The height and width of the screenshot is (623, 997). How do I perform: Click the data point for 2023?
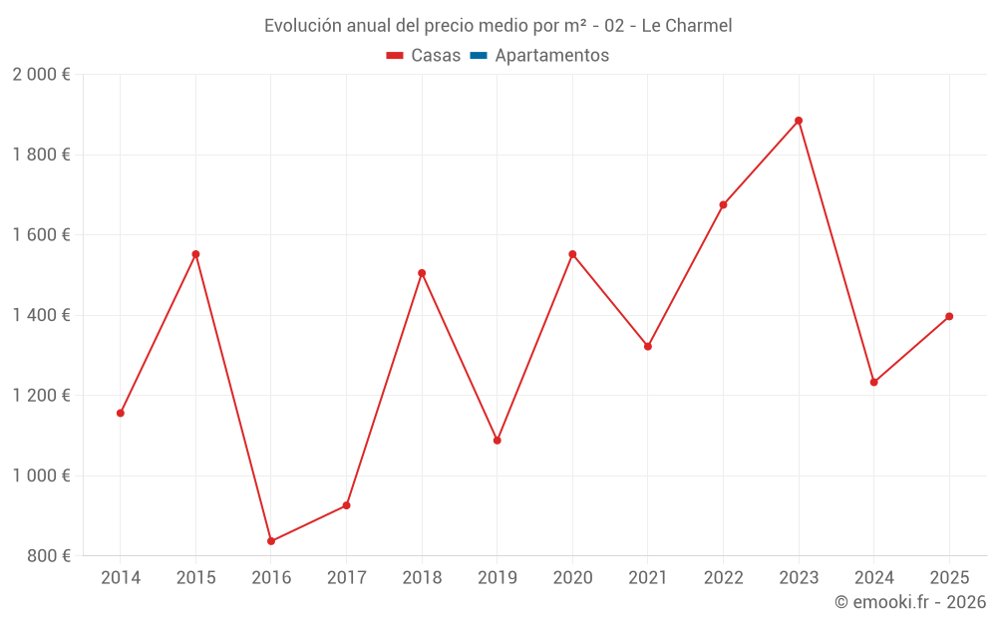tap(799, 121)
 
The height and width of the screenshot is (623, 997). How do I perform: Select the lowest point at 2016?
tap(271, 541)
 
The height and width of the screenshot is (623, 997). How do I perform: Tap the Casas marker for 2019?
tap(498, 440)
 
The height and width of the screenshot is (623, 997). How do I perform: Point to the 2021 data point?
tap(648, 347)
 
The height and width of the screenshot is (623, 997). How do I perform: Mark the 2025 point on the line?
tap(949, 316)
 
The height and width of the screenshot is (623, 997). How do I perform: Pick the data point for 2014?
tap(121, 413)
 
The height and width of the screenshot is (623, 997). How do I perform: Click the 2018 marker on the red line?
tap(422, 273)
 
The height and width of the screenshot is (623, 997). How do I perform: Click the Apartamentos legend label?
tap(551, 56)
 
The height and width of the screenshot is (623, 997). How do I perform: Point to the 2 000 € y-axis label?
tap(41, 75)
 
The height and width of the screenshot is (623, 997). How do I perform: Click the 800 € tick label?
tap(49, 556)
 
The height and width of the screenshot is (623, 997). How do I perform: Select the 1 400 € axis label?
tap(41, 315)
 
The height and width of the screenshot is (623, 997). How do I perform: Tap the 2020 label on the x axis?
tap(572, 578)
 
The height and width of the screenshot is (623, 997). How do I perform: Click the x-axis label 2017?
tap(346, 578)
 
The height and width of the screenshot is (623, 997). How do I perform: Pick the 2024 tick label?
tap(873, 578)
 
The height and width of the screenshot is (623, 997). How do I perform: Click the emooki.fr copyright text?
tap(909, 602)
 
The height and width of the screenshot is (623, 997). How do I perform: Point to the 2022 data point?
tap(723, 204)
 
